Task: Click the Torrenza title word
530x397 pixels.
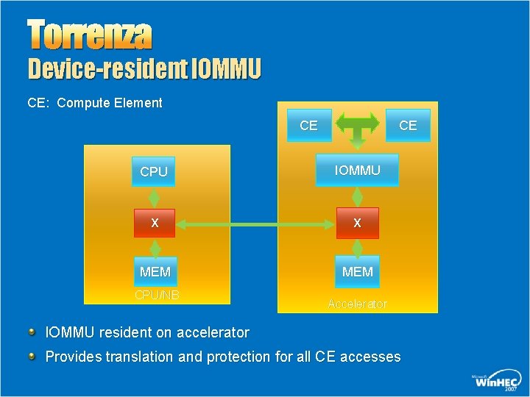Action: pyautogui.click(x=90, y=35)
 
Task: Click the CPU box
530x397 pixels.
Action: pyautogui.click(x=154, y=171)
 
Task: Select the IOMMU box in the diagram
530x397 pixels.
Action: pyautogui.click(x=357, y=170)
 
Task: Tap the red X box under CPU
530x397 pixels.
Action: pyautogui.click(x=154, y=223)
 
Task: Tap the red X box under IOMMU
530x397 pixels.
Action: pyautogui.click(x=357, y=223)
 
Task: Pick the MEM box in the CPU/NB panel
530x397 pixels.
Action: pyautogui.click(x=155, y=271)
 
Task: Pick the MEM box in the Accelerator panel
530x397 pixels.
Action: pyautogui.click(x=358, y=271)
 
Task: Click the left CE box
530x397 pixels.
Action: pyautogui.click(x=308, y=126)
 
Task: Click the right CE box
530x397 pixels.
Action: pyautogui.click(x=408, y=126)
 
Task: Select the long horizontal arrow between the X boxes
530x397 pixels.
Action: pyautogui.click(x=255, y=223)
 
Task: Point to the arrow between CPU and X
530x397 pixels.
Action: pyautogui.click(x=155, y=198)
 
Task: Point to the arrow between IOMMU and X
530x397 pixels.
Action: pyautogui.click(x=358, y=196)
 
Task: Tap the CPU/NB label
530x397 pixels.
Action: pyautogui.click(x=156, y=296)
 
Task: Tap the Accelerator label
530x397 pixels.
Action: pyautogui.click(x=357, y=304)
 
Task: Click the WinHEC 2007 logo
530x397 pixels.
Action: pyautogui.click(x=495, y=380)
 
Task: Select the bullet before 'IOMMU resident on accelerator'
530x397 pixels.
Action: pyautogui.click(x=32, y=332)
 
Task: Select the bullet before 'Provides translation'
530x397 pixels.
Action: pyautogui.click(x=32, y=356)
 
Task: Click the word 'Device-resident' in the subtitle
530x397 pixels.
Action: pyautogui.click(x=107, y=70)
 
